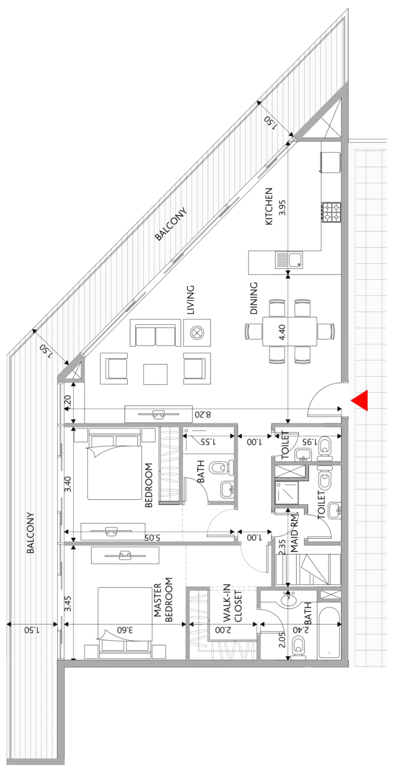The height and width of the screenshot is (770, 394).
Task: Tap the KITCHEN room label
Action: tap(269, 206)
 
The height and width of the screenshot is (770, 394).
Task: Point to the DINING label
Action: tap(254, 298)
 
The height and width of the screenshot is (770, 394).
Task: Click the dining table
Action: tap(290, 331)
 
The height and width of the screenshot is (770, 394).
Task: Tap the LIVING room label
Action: tap(191, 300)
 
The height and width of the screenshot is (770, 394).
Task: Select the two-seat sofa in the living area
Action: tap(156, 332)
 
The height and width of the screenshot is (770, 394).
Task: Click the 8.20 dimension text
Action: tap(203, 414)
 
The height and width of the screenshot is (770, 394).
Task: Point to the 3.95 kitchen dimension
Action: tap(282, 207)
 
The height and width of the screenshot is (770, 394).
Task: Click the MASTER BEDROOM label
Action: tap(163, 600)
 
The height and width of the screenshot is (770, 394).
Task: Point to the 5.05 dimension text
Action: tap(152, 537)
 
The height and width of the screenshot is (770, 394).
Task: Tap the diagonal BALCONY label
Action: tap(171, 224)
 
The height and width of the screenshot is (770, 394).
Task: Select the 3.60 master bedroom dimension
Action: tap(125, 630)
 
